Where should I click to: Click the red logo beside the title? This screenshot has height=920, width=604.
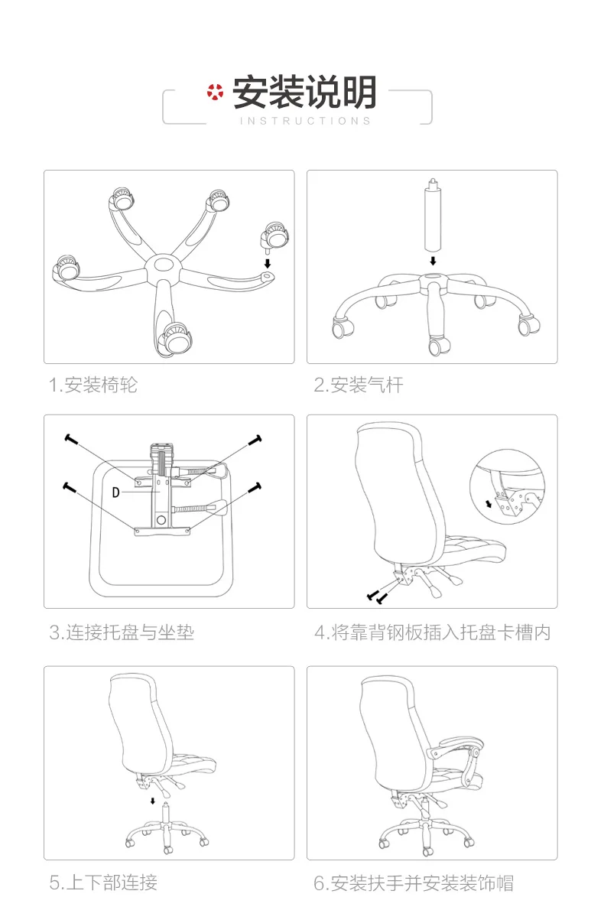tap(215, 92)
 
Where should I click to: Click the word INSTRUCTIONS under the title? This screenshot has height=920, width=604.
tap(306, 121)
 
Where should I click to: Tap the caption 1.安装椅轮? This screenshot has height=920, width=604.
tap(93, 385)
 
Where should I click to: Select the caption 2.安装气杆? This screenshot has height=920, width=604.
tap(358, 385)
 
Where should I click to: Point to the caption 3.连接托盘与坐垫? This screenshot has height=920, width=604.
tap(122, 632)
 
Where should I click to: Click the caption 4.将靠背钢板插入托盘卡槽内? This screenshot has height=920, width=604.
tap(433, 632)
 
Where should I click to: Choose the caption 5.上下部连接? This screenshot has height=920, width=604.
tap(103, 883)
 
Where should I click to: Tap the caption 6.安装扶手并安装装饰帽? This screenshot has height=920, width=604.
tap(414, 883)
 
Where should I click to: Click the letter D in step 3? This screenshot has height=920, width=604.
tap(115, 492)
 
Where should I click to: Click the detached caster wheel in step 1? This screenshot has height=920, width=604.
tap(274, 236)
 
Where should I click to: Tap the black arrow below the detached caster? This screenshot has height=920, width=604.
tap(268, 263)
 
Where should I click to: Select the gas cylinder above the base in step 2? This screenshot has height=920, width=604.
tap(433, 215)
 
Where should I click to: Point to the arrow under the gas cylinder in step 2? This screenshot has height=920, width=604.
tap(433, 261)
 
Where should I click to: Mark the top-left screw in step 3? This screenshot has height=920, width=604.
tap(71, 439)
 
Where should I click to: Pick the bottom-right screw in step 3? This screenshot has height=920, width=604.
tap(255, 488)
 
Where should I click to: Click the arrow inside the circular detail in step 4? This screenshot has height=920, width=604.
tap(489, 503)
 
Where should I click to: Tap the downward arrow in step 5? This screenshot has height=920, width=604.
tap(153, 801)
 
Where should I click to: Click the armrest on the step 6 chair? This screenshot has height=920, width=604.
tap(455, 746)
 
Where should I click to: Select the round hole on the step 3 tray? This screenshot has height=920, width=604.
tap(161, 520)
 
